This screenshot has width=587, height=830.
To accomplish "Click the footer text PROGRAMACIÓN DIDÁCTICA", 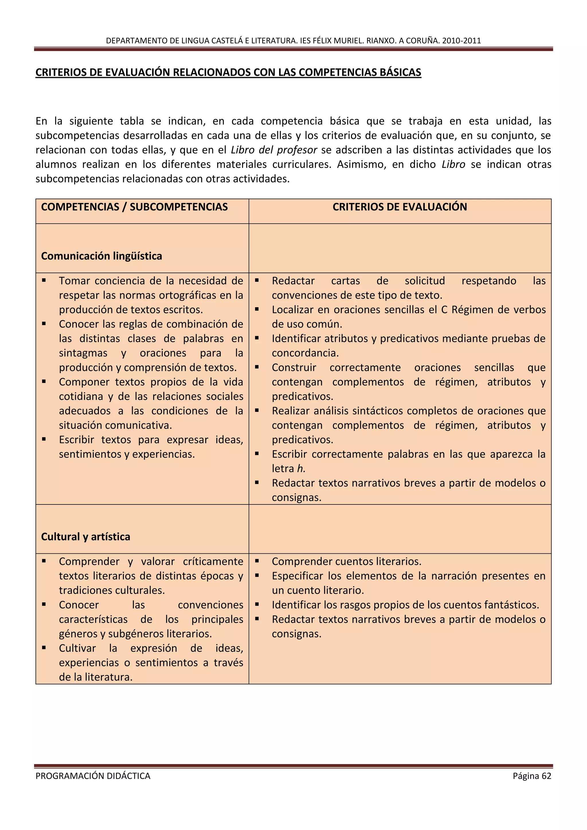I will pyautogui.click(x=93, y=776).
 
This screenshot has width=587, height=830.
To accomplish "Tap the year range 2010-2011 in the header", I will pyautogui.click(x=461, y=40).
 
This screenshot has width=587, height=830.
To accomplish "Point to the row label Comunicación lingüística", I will pyautogui.click(x=101, y=256).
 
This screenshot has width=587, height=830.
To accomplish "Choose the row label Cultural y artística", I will pyautogui.click(x=86, y=537).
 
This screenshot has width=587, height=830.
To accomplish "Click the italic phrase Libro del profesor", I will pyautogui.click(x=274, y=150).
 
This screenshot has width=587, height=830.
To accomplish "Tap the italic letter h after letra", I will pyautogui.click(x=300, y=469).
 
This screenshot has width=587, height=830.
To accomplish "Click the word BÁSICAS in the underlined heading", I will pyautogui.click(x=400, y=72).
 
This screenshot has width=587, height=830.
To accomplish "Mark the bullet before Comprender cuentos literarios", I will pyautogui.click(x=257, y=561).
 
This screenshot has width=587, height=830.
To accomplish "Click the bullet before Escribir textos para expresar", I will pyautogui.click(x=44, y=439).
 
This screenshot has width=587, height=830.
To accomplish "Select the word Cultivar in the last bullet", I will pyautogui.click(x=77, y=648).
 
